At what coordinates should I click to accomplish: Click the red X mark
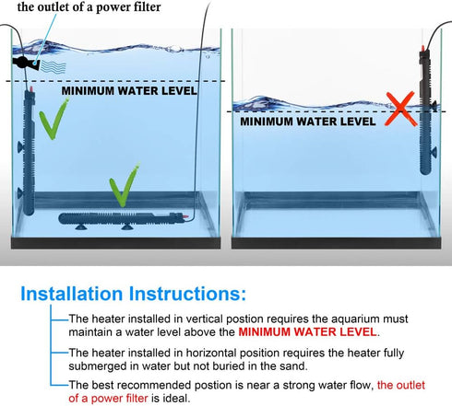coord(400,109)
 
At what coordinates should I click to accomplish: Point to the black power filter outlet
coord(26,63)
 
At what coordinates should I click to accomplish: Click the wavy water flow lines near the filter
coord(54,67)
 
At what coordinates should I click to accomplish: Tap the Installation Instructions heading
coord(133,294)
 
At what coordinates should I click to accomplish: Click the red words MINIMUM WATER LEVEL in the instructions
coord(307,332)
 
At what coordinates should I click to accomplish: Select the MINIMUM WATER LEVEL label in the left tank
coord(129,91)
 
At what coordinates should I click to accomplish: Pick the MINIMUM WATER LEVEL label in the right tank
coord(308,122)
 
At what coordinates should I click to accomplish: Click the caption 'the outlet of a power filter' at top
coord(89,6)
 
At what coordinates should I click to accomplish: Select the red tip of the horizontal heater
coord(185,217)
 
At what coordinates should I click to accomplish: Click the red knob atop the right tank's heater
coord(423,48)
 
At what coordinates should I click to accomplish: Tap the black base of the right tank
coord(336,243)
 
